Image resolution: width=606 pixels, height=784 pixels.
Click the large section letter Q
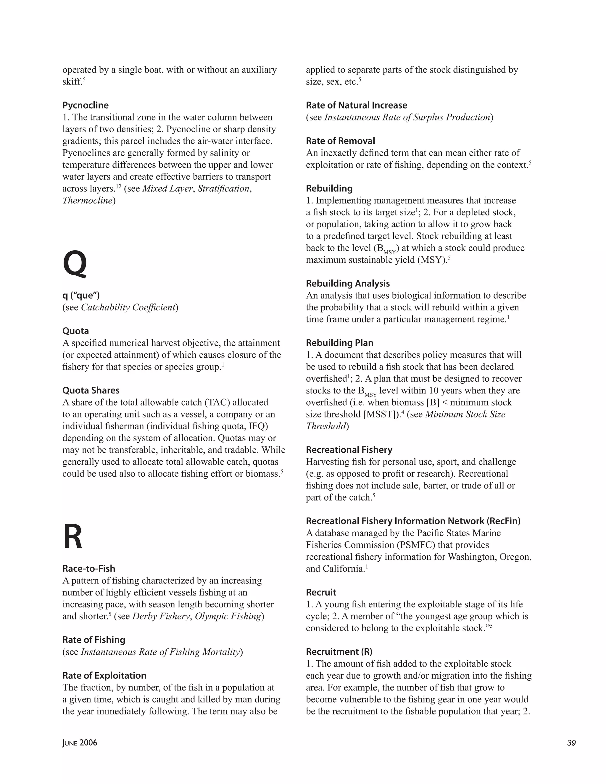pyautogui.click(x=75, y=264)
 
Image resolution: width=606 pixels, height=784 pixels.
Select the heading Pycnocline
pyautogui.click(x=86, y=105)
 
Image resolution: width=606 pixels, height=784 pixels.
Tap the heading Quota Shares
pyautogui.click(x=91, y=390)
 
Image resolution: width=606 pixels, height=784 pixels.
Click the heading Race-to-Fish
pyautogui.click(x=89, y=569)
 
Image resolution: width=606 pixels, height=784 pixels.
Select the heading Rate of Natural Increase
pyautogui.click(x=357, y=105)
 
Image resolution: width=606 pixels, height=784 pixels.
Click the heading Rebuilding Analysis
pyautogui.click(x=347, y=284)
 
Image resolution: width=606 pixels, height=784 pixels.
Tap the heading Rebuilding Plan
pyautogui.click(x=340, y=343)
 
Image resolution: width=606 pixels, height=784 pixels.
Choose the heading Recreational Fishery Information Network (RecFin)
pyautogui.click(x=413, y=521)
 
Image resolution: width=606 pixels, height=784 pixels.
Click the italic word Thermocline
pyautogui.click(x=88, y=200)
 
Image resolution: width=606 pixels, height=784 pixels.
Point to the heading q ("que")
pyautogui.click(x=81, y=296)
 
